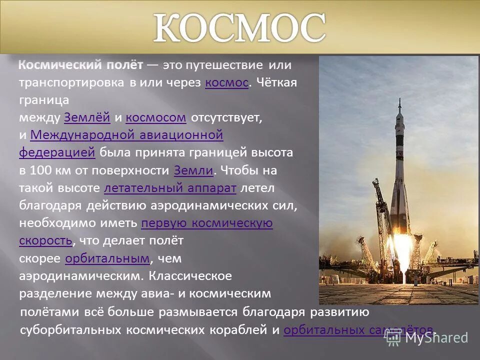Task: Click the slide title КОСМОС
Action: [x=239, y=28]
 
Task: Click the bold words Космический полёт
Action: [x=81, y=65]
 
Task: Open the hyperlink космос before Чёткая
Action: [x=226, y=83]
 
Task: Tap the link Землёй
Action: [x=87, y=118]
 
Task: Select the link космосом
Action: [x=156, y=118]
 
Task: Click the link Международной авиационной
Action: [x=126, y=135]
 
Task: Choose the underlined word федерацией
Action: [x=57, y=152]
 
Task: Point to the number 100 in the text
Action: [x=40, y=170]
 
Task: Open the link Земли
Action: [x=194, y=170]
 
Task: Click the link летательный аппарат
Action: [x=170, y=188]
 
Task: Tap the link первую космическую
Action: [x=207, y=223]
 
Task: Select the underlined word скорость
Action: [x=45, y=240]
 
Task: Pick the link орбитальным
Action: [x=107, y=258]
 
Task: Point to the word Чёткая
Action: [x=276, y=83]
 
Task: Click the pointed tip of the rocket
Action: [x=399, y=100]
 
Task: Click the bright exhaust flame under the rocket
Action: [x=398, y=260]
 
